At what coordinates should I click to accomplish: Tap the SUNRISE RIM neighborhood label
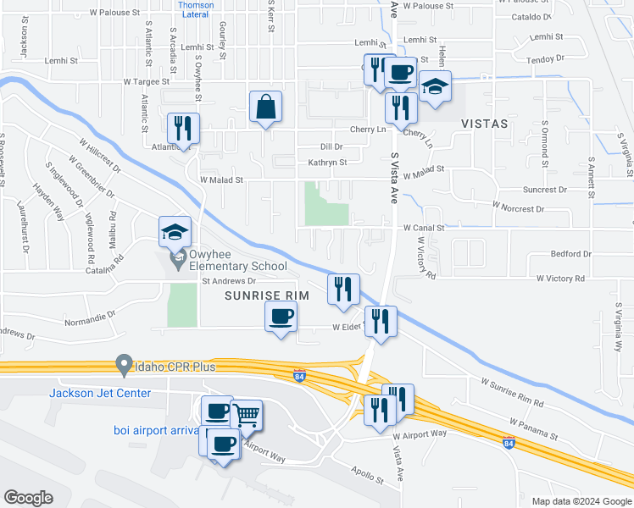[264, 295]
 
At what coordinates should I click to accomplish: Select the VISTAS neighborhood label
[484, 124]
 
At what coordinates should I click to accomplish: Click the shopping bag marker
[265, 108]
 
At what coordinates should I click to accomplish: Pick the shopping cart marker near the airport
[246, 415]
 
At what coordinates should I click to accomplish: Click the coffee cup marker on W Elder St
[281, 318]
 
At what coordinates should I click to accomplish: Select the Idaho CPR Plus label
[175, 367]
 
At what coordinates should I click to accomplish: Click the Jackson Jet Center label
[100, 393]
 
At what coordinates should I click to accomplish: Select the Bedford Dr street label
[570, 254]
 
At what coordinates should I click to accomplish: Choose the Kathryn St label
[327, 162]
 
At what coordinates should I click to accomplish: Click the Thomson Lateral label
[196, 8]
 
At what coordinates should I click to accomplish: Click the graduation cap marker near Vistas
[435, 87]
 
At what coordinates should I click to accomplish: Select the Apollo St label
[369, 474]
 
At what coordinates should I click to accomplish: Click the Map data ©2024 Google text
[581, 501]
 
